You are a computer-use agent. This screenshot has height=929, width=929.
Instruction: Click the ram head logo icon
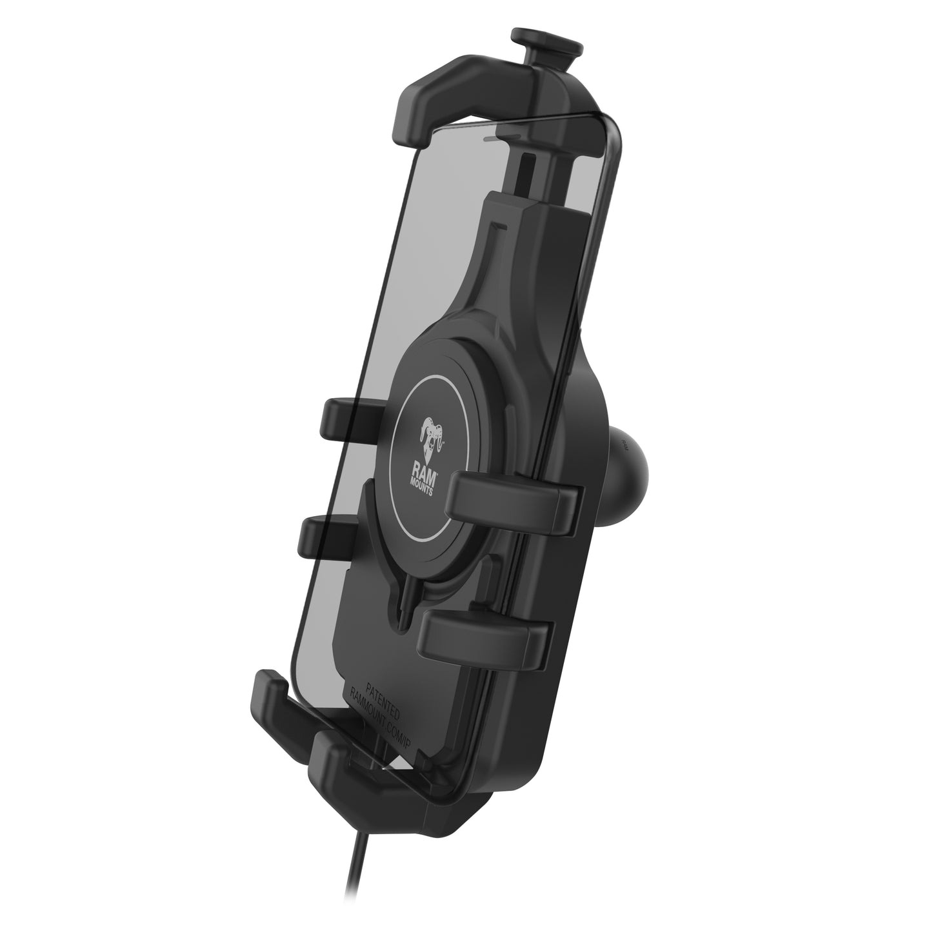(x=431, y=439)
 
